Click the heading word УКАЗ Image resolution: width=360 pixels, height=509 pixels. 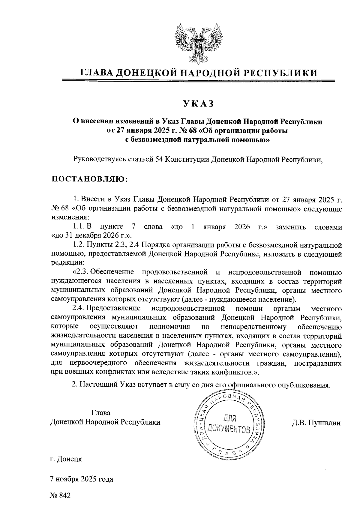(x=198, y=103)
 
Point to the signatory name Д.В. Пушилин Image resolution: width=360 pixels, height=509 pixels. (x=316, y=423)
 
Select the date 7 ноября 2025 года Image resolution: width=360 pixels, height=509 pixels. (x=82, y=479)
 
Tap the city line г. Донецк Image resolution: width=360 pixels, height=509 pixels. (x=66, y=459)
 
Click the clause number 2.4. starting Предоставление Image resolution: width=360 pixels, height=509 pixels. (x=78, y=308)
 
